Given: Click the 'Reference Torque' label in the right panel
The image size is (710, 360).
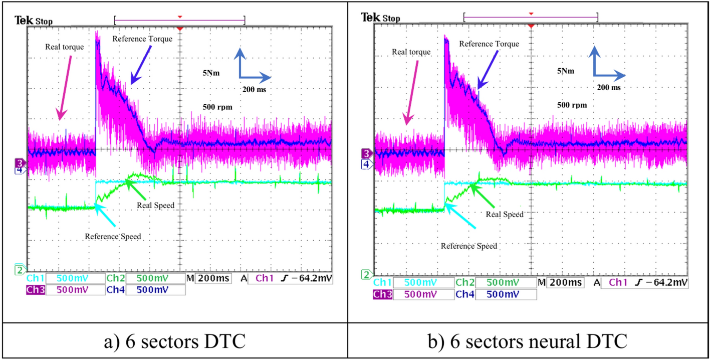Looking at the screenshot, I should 489,44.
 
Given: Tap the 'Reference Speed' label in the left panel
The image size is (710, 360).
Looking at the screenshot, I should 113,236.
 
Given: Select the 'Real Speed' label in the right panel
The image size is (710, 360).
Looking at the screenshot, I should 505,214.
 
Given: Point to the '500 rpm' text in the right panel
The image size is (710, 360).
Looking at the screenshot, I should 572,105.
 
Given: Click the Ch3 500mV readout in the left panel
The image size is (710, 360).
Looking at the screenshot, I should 66,290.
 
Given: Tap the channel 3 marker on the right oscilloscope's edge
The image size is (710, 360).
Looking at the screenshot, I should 367,153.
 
